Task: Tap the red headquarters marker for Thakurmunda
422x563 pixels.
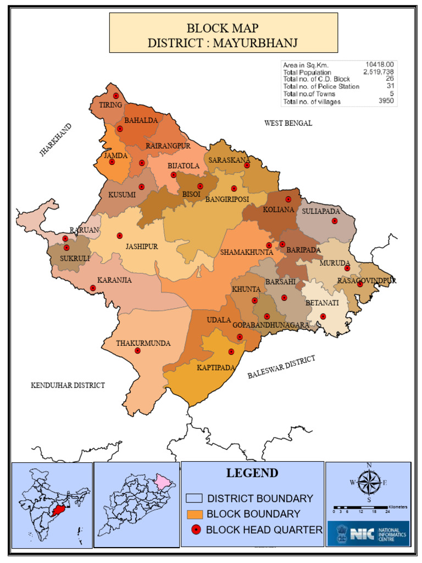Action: [137, 351]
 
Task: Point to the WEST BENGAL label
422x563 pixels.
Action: [288, 123]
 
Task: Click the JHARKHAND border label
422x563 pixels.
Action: [55, 140]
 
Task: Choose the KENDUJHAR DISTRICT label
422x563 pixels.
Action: [68, 385]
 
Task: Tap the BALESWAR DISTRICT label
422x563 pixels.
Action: [281, 367]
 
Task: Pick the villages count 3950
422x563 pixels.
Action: [385, 101]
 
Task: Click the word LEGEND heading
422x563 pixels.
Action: [252, 473]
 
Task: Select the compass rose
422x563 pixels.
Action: [369, 484]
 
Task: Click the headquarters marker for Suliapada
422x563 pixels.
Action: [335, 221]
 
